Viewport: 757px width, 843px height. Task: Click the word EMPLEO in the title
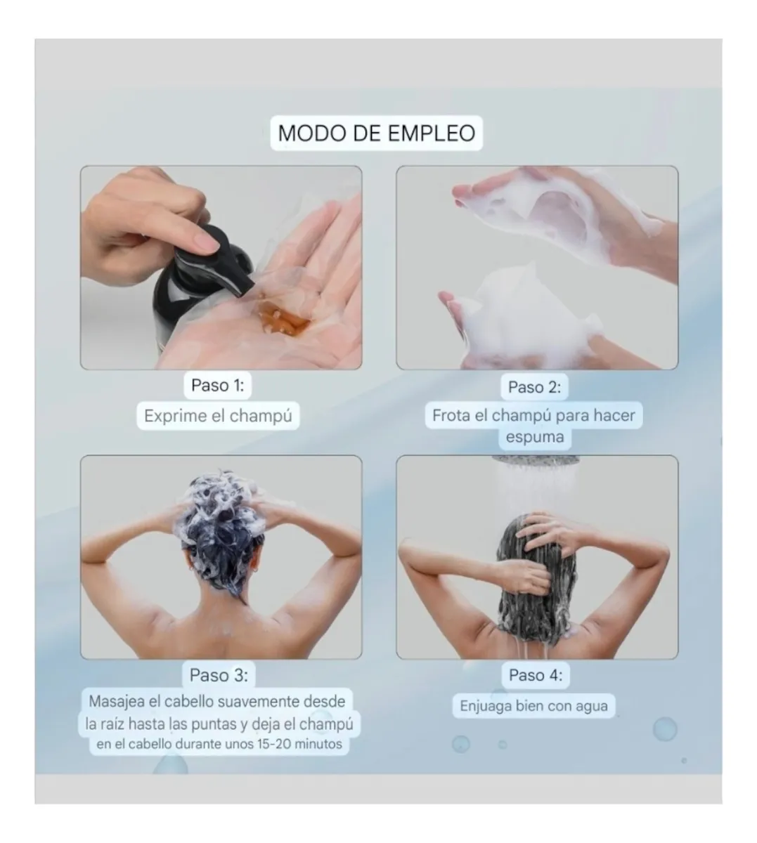[x=432, y=133]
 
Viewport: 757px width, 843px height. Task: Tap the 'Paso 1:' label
[x=218, y=385]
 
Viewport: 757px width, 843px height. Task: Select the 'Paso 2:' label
[x=535, y=387]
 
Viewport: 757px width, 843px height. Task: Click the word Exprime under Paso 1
[x=175, y=416]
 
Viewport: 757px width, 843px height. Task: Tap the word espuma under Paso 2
[x=535, y=438]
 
